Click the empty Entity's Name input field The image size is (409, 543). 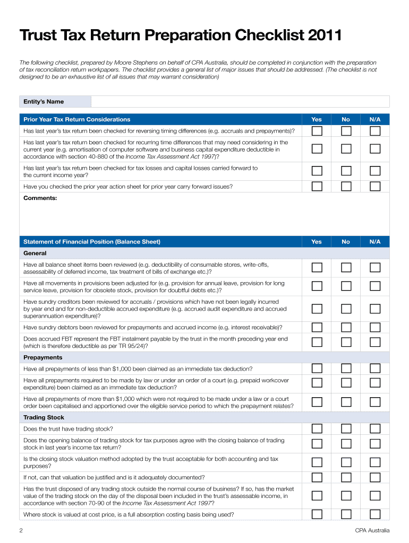[240, 101]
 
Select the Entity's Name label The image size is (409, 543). [44, 101]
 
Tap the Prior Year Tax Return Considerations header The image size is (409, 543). [77, 119]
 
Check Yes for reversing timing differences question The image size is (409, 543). [317, 131]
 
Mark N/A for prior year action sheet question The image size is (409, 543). [375, 186]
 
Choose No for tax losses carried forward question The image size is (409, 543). [346, 171]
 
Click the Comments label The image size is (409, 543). [40, 198]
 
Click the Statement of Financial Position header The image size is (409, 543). [92, 241]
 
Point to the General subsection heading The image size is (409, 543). [35, 253]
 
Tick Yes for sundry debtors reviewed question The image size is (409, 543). [317, 327]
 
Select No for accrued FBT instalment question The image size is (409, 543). [346, 342]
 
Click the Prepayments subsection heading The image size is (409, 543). [43, 357]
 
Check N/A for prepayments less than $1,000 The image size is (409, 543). [375, 369]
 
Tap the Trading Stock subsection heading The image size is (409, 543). [44, 417]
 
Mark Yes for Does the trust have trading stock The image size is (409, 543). [317, 428]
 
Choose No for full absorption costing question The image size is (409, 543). [346, 514]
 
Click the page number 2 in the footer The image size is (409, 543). [21, 530]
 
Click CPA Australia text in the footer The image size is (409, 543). [372, 530]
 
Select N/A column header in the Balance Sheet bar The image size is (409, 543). [375, 241]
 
